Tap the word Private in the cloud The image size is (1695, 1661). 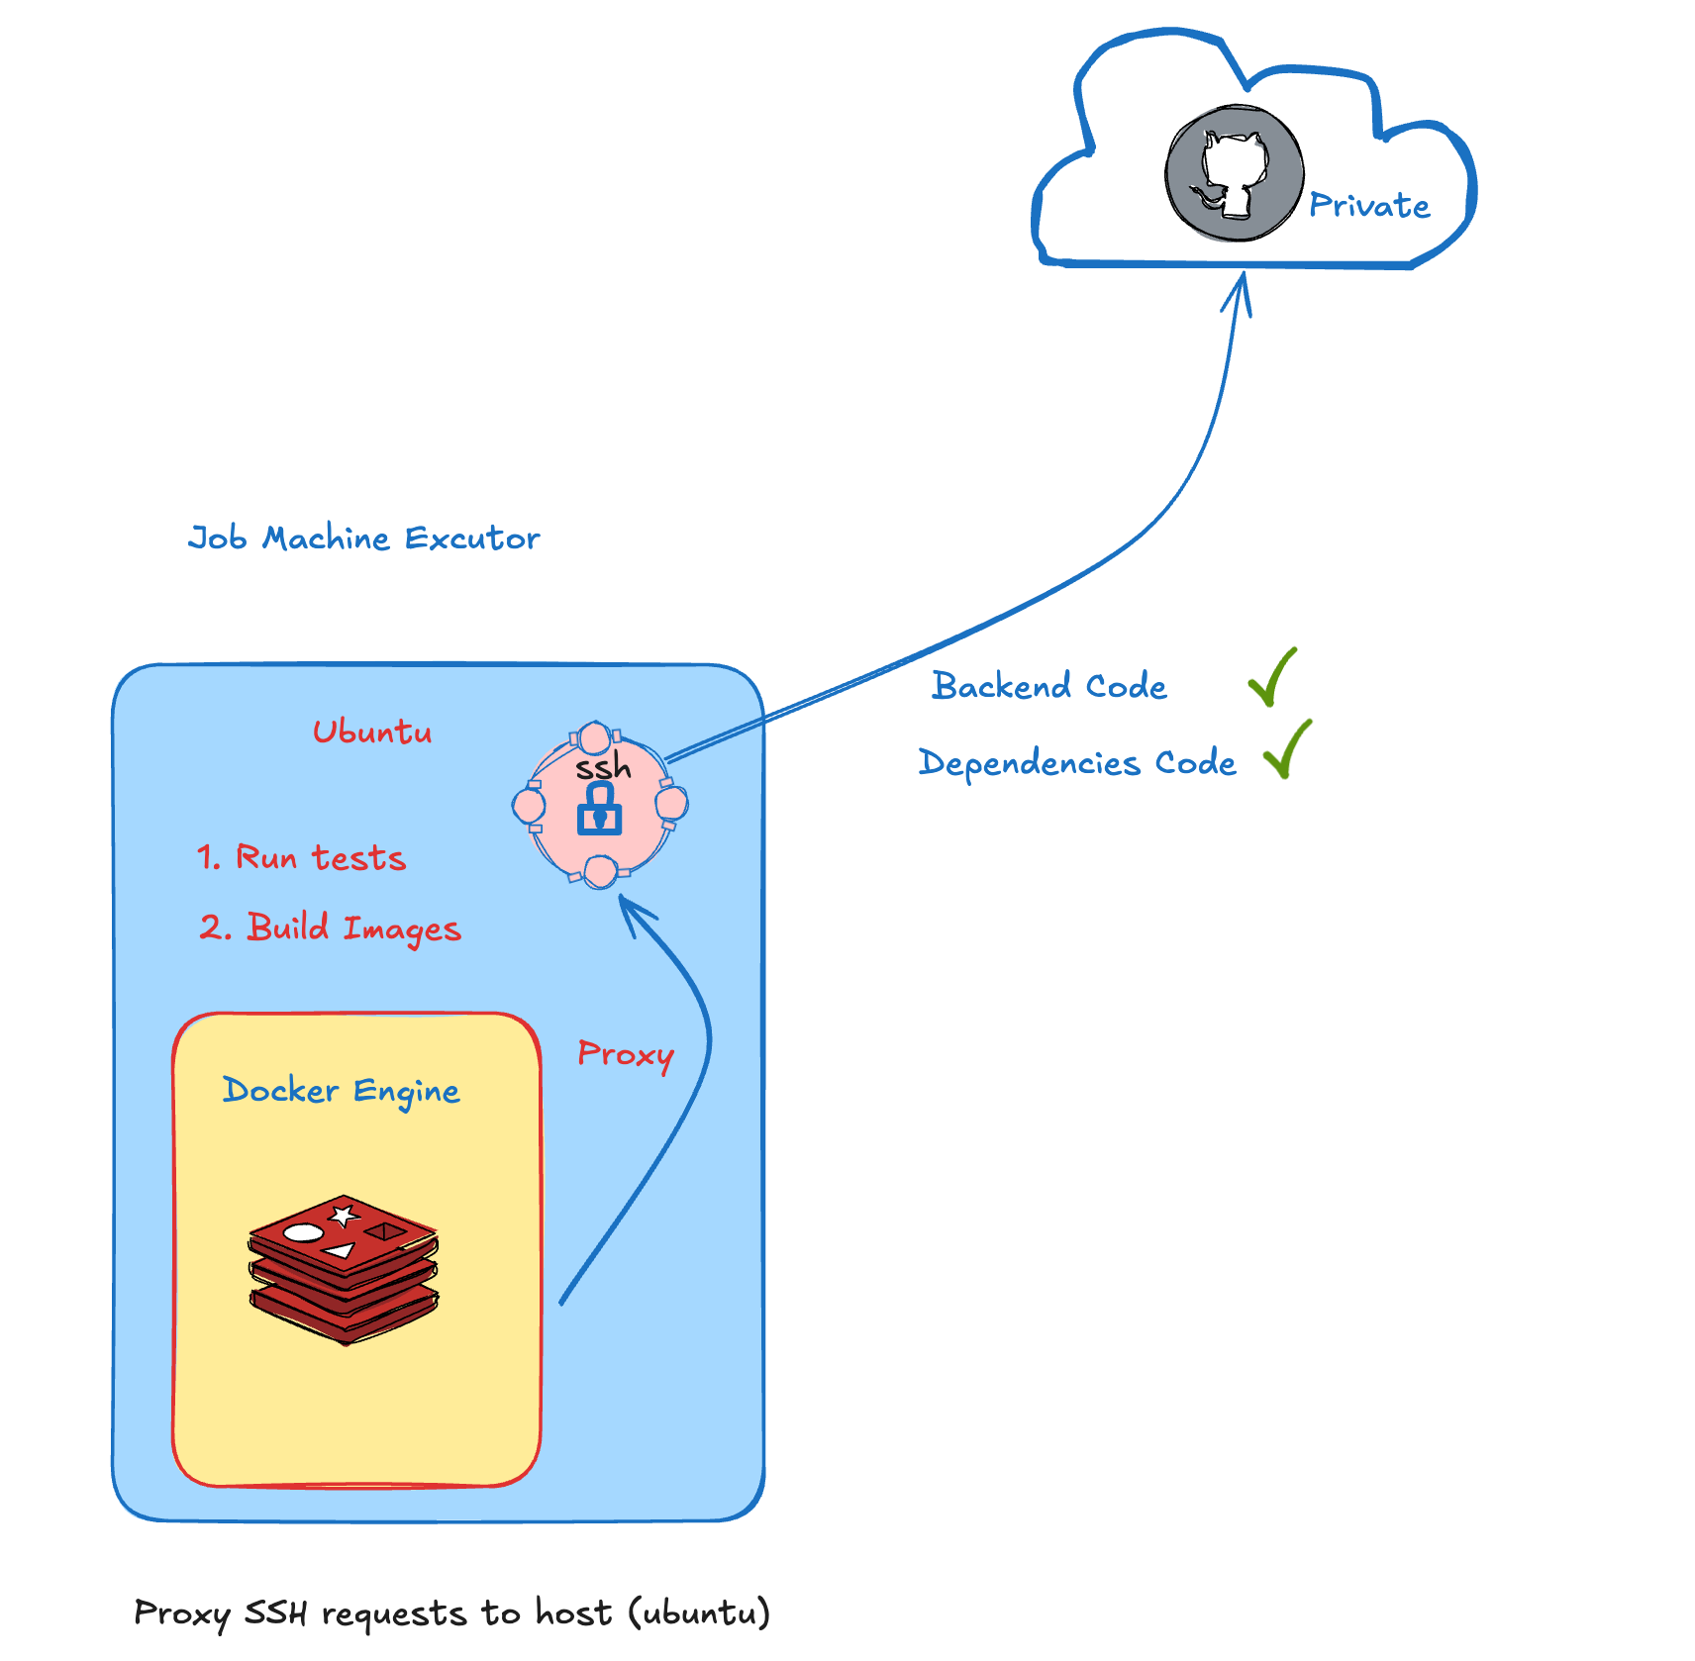pyautogui.click(x=1369, y=206)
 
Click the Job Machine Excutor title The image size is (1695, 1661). pyautogui.click(x=363, y=538)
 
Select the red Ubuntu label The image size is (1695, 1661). pyautogui.click(x=372, y=733)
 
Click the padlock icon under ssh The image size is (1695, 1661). pyautogui.click(x=600, y=810)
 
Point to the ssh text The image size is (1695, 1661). pyautogui.click(x=602, y=767)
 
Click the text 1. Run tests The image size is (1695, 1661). pyautogui.click(x=301, y=857)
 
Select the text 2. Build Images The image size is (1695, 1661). pyautogui.click(x=330, y=928)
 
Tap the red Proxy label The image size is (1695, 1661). pyautogui.click(x=625, y=1054)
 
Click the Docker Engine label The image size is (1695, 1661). pyautogui.click(x=341, y=1091)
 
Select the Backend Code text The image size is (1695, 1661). pyautogui.click(x=1048, y=686)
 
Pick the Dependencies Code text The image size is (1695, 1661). pyautogui.click(x=1076, y=763)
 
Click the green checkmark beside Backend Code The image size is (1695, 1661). pyautogui.click(x=1272, y=678)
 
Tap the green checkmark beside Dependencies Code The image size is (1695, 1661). pyautogui.click(x=1287, y=750)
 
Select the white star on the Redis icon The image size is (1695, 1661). pyautogui.click(x=344, y=1215)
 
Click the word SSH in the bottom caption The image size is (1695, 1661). pyautogui.click(x=275, y=1612)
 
